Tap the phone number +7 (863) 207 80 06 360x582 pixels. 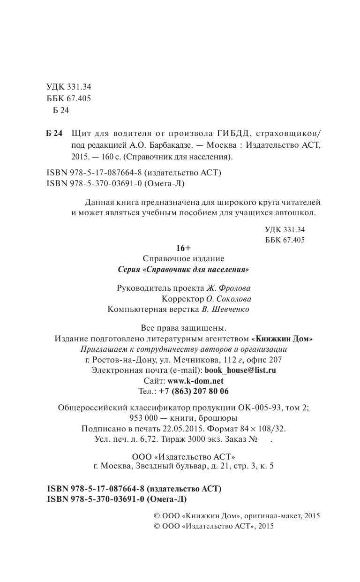(194, 391)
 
